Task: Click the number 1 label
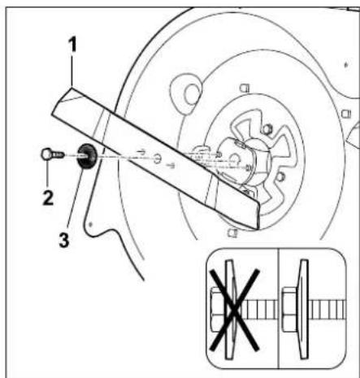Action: pyautogui.click(x=72, y=45)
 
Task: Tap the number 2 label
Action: pyautogui.click(x=48, y=198)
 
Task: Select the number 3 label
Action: pyautogui.click(x=64, y=240)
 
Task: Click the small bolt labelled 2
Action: pyautogui.click(x=53, y=154)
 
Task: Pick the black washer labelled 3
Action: pyautogui.click(x=87, y=156)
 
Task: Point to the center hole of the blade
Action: pyautogui.click(x=156, y=159)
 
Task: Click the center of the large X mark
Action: pyautogui.click(x=234, y=311)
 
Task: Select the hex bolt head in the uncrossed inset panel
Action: pyautogui.click(x=289, y=310)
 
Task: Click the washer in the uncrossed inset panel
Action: pyautogui.click(x=303, y=310)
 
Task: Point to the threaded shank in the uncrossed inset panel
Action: pyautogui.click(x=327, y=310)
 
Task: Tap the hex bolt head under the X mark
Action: pyautogui.click(x=219, y=309)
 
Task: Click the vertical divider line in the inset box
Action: pyautogui.click(x=279, y=308)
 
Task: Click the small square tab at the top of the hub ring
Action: pyautogui.click(x=245, y=88)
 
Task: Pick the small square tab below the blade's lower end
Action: pyautogui.click(x=232, y=232)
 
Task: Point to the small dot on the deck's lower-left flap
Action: pyautogui.click(x=91, y=224)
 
